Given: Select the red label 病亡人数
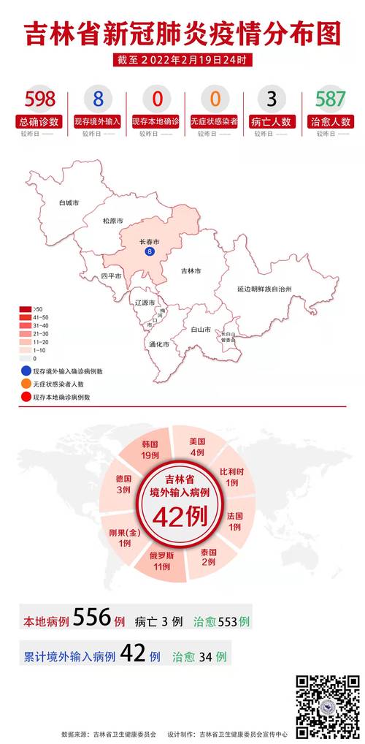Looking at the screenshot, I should [271, 122].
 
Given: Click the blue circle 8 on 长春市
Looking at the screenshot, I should [150, 251].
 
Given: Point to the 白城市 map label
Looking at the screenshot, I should [69, 202].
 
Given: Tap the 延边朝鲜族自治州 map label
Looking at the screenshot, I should [264, 289].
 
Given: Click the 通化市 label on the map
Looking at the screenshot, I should [159, 343].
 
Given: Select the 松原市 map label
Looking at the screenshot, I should [112, 221].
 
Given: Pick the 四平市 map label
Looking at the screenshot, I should [112, 276].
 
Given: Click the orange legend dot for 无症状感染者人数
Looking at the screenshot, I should [26, 384].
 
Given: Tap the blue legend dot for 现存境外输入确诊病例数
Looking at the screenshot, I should [26, 371].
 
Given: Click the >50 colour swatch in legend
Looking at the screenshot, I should [26, 310].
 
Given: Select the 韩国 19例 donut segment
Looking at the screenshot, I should [150, 449].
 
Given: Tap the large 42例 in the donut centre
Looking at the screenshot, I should [181, 517].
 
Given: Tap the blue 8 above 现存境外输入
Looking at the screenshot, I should [97, 99].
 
